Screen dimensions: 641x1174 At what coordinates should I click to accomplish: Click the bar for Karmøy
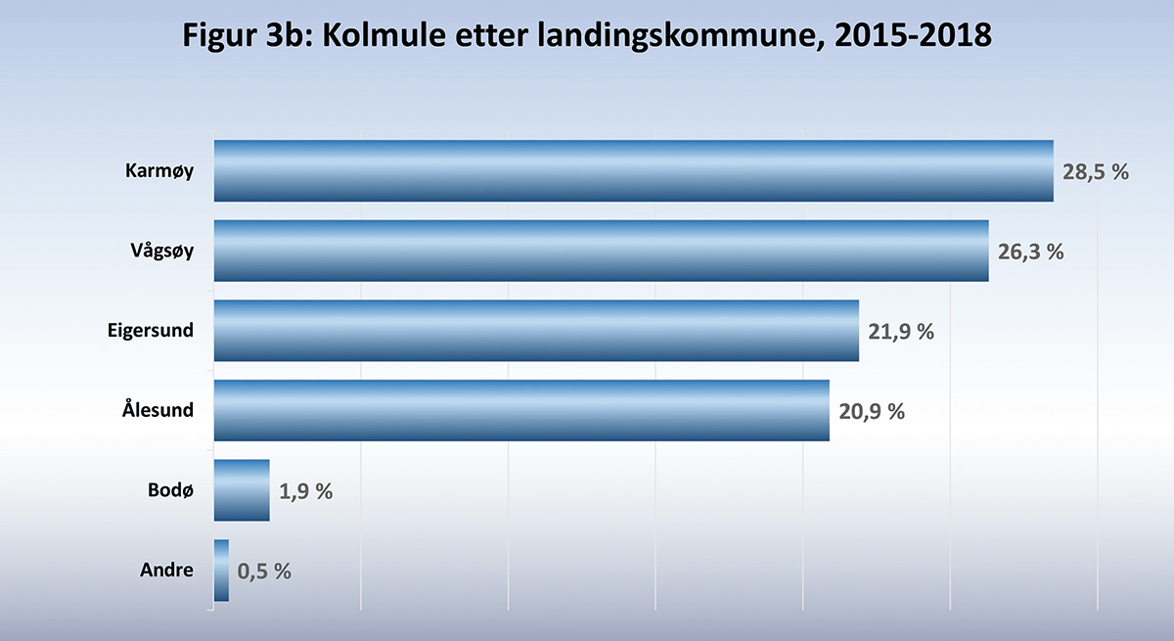633,171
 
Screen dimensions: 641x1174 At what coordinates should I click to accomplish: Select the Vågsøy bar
601,251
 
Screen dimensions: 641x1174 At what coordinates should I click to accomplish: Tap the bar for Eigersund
536,331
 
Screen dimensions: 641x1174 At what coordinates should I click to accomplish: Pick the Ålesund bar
521,411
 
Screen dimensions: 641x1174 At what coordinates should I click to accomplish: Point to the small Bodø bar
241,490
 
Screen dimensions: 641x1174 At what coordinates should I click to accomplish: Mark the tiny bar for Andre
221,571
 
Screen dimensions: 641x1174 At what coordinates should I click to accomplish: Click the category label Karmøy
159,171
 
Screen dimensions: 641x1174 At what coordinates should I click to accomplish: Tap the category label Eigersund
151,331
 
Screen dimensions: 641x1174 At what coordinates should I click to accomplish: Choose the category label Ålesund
155,410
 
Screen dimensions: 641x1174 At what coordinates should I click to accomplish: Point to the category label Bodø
172,490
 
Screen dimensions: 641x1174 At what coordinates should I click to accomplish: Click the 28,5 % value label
1096,172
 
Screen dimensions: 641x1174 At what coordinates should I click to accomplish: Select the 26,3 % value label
1030,252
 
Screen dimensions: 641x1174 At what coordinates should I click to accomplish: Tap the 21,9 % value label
901,332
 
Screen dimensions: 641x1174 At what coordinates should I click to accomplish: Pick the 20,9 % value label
872,411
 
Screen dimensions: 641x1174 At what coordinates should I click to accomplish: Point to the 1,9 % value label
306,491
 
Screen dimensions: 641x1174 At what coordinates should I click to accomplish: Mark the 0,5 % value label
264,572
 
